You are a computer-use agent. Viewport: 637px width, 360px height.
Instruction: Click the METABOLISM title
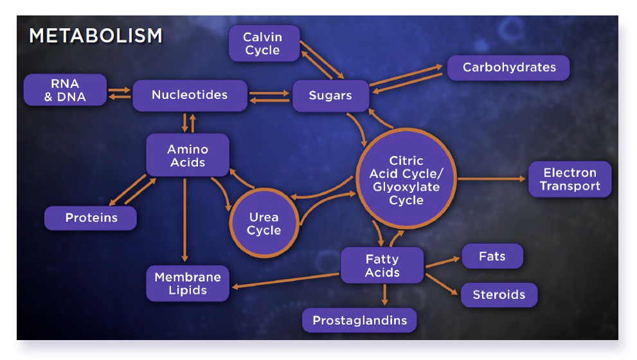(x=95, y=36)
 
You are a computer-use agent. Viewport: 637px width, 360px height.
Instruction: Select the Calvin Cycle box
(x=264, y=44)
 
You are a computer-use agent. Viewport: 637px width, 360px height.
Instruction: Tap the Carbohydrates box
(x=508, y=67)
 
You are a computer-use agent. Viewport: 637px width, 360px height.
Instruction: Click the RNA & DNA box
(x=65, y=89)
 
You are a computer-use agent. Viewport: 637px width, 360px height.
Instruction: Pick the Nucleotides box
(x=190, y=95)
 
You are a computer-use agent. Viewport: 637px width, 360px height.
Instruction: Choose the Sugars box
(x=330, y=96)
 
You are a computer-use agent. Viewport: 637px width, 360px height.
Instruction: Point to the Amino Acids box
(x=188, y=155)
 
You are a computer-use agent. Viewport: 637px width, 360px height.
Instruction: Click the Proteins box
(x=91, y=218)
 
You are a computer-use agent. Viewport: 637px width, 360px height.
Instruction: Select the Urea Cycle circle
(x=264, y=223)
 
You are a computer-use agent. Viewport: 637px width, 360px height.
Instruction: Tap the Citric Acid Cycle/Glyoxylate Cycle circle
(x=406, y=179)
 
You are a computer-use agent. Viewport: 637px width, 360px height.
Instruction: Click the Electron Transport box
(x=570, y=179)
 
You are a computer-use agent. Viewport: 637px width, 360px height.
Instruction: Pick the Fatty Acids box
(x=382, y=265)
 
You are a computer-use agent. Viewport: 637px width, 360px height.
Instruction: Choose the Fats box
(x=492, y=256)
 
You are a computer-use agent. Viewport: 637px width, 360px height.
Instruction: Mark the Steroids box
(x=499, y=295)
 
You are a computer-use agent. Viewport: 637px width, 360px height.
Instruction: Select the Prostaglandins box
(x=359, y=320)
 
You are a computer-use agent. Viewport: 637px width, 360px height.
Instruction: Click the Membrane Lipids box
(x=188, y=283)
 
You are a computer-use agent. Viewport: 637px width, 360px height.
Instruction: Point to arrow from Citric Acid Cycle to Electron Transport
(x=492, y=179)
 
